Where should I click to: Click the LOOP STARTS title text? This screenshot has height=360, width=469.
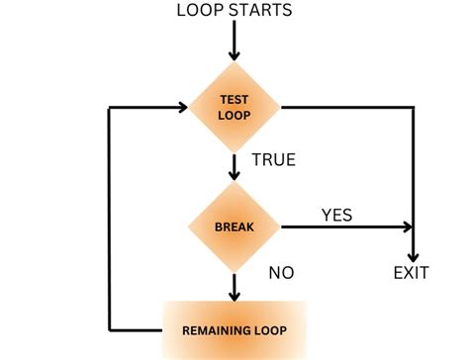click(234, 11)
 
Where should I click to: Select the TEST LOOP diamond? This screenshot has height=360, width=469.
click(234, 107)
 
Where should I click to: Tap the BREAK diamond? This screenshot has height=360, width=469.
click(234, 226)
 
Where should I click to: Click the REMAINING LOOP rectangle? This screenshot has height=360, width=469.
click(234, 328)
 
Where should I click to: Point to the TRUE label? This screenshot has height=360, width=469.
click(275, 159)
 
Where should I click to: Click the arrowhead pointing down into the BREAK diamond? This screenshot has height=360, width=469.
click(234, 174)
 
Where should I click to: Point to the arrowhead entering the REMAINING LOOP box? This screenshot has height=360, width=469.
click(234, 294)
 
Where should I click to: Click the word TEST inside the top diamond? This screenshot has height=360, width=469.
click(234, 99)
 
